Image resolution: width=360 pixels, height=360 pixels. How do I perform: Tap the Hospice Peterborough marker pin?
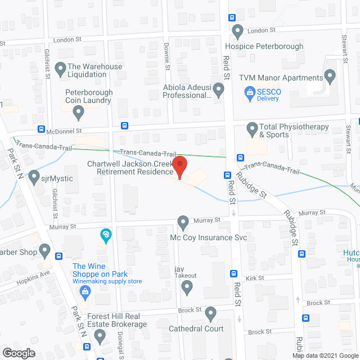pos(237,30)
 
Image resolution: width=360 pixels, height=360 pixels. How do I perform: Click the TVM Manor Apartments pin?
pos(330,75)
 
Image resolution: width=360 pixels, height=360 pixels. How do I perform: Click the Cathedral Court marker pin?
pos(210,313)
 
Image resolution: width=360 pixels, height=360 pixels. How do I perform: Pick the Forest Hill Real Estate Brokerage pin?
pos(100,336)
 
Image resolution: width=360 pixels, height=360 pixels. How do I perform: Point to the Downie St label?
pos(167,56)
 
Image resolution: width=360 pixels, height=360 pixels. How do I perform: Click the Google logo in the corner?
pos(19,353)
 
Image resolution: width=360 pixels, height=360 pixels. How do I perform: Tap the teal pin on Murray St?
pos(105,234)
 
